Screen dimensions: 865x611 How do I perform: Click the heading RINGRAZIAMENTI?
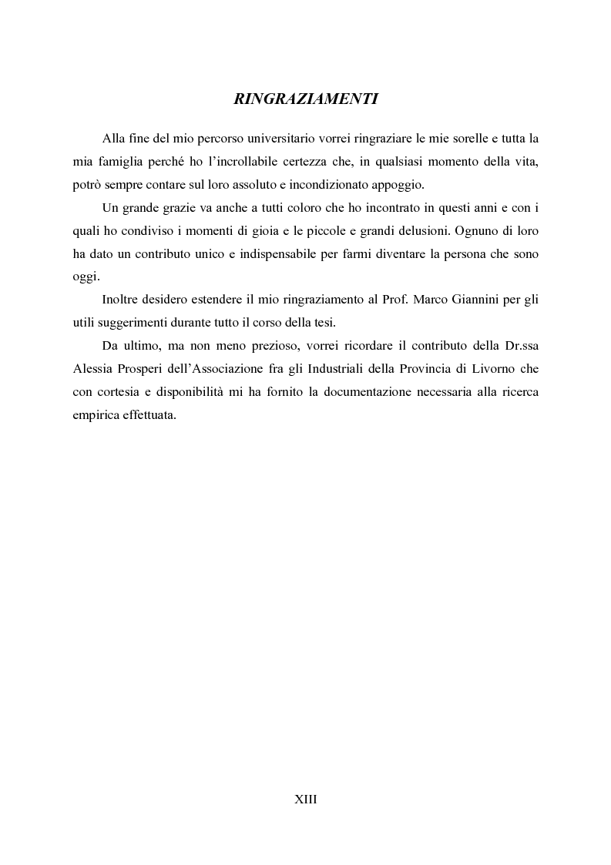[x=305, y=99]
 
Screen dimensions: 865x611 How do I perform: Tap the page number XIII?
[x=305, y=800]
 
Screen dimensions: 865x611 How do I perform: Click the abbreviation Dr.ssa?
[x=521, y=348]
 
